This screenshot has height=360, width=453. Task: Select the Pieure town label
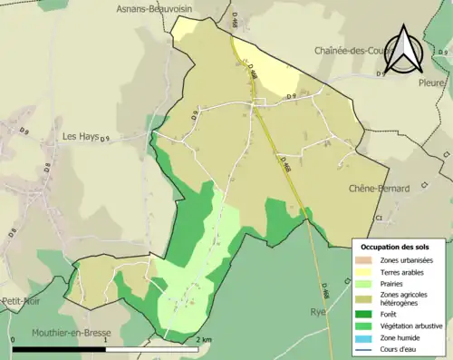click(431, 83)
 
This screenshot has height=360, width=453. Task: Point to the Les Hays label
click(80, 136)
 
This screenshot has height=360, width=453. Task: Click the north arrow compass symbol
click(405, 50)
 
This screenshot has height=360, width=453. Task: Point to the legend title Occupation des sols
click(396, 247)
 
